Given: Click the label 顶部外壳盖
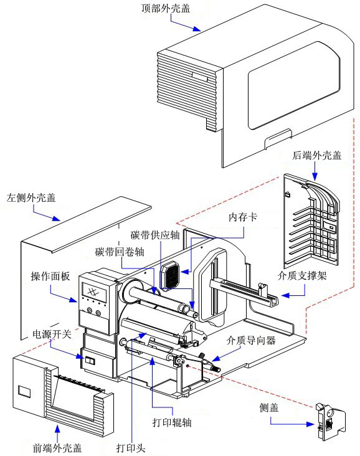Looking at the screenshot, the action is pyautogui.click(x=166, y=8).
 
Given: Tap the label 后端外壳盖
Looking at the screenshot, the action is pyautogui.click(x=316, y=156).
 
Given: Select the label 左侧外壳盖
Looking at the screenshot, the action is pyautogui.click(x=31, y=198).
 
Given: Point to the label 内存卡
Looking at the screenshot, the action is pyautogui.click(x=243, y=217).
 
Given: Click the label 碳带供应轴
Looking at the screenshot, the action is pyautogui.click(x=155, y=235).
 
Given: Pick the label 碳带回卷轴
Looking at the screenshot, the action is pyautogui.click(x=120, y=252).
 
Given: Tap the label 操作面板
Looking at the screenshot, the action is pyautogui.click(x=50, y=276).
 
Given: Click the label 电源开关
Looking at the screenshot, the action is pyautogui.click(x=52, y=334).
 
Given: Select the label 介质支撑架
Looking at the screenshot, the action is pyautogui.click(x=302, y=276).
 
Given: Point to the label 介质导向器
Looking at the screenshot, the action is pyautogui.click(x=251, y=340).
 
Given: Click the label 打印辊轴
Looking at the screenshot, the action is pyautogui.click(x=172, y=422).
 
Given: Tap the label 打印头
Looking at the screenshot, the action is pyautogui.click(x=131, y=447).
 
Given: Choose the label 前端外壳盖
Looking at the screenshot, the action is pyautogui.click(x=57, y=447).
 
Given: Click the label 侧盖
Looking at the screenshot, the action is pyautogui.click(x=269, y=408).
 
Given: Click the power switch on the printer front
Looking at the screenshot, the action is pyautogui.click(x=90, y=361).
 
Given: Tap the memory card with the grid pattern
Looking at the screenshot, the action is pyautogui.click(x=170, y=274).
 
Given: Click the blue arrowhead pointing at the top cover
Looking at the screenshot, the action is pyautogui.click(x=197, y=29).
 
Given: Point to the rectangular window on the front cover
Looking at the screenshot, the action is pyautogui.click(x=24, y=391).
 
